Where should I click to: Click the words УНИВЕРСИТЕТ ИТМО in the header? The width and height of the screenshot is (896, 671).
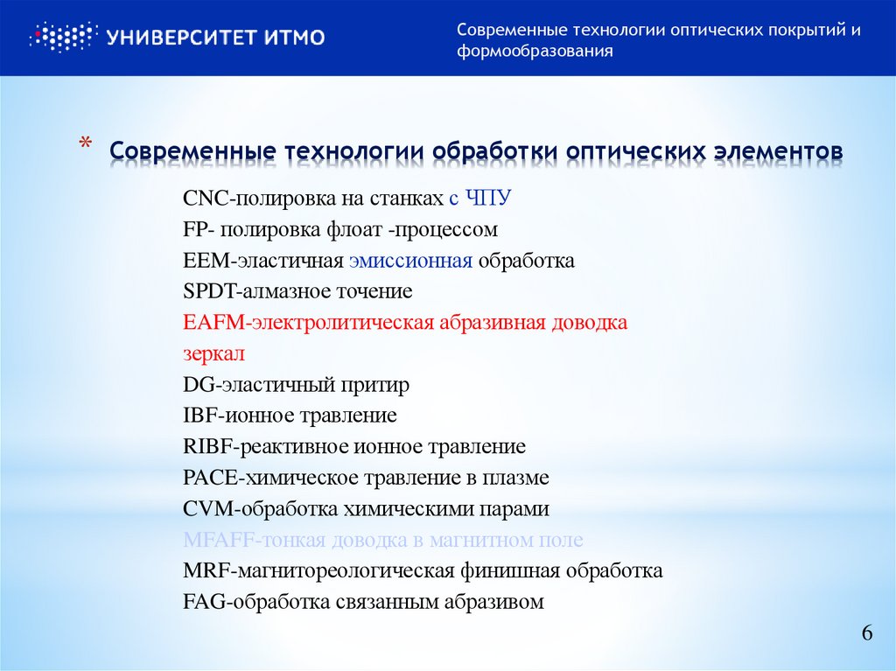click(215, 38)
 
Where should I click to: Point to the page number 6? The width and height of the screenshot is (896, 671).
click(867, 634)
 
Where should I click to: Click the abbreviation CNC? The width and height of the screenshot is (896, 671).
click(205, 199)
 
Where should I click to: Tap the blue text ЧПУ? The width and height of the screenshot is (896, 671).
click(487, 199)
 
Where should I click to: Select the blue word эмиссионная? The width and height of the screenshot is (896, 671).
click(410, 261)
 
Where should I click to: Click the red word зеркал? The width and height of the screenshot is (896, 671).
click(213, 354)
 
